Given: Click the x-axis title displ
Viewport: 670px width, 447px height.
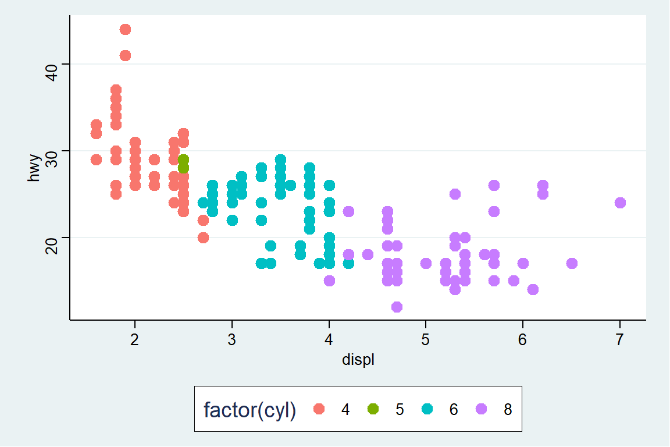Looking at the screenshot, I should (358, 360).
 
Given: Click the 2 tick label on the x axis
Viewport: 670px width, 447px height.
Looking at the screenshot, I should (135, 339).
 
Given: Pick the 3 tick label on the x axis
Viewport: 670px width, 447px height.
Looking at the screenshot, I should (232, 339).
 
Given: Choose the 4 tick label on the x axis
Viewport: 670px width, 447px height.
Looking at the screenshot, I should (329, 339).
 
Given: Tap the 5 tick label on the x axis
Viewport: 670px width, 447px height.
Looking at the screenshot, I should (426, 339).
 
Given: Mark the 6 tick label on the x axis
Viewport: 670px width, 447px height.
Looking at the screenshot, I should (523, 339).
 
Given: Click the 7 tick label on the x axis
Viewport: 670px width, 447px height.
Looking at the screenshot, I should (620, 339).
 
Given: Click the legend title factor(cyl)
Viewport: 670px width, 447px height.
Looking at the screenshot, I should (250, 410).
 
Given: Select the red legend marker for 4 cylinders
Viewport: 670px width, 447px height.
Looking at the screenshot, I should (319, 409).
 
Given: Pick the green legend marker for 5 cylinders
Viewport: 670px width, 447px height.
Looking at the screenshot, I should (373, 409).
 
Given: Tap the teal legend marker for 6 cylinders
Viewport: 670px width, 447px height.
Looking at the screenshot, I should (427, 409).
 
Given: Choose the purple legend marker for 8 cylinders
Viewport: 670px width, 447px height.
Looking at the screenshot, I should (481, 409).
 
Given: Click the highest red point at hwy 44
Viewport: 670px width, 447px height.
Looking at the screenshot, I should (125, 30).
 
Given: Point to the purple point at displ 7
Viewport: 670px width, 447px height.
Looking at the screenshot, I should (620, 203).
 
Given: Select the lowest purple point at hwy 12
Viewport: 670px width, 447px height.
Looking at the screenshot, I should (397, 307).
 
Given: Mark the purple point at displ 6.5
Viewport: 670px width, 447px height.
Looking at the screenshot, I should (572, 264).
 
